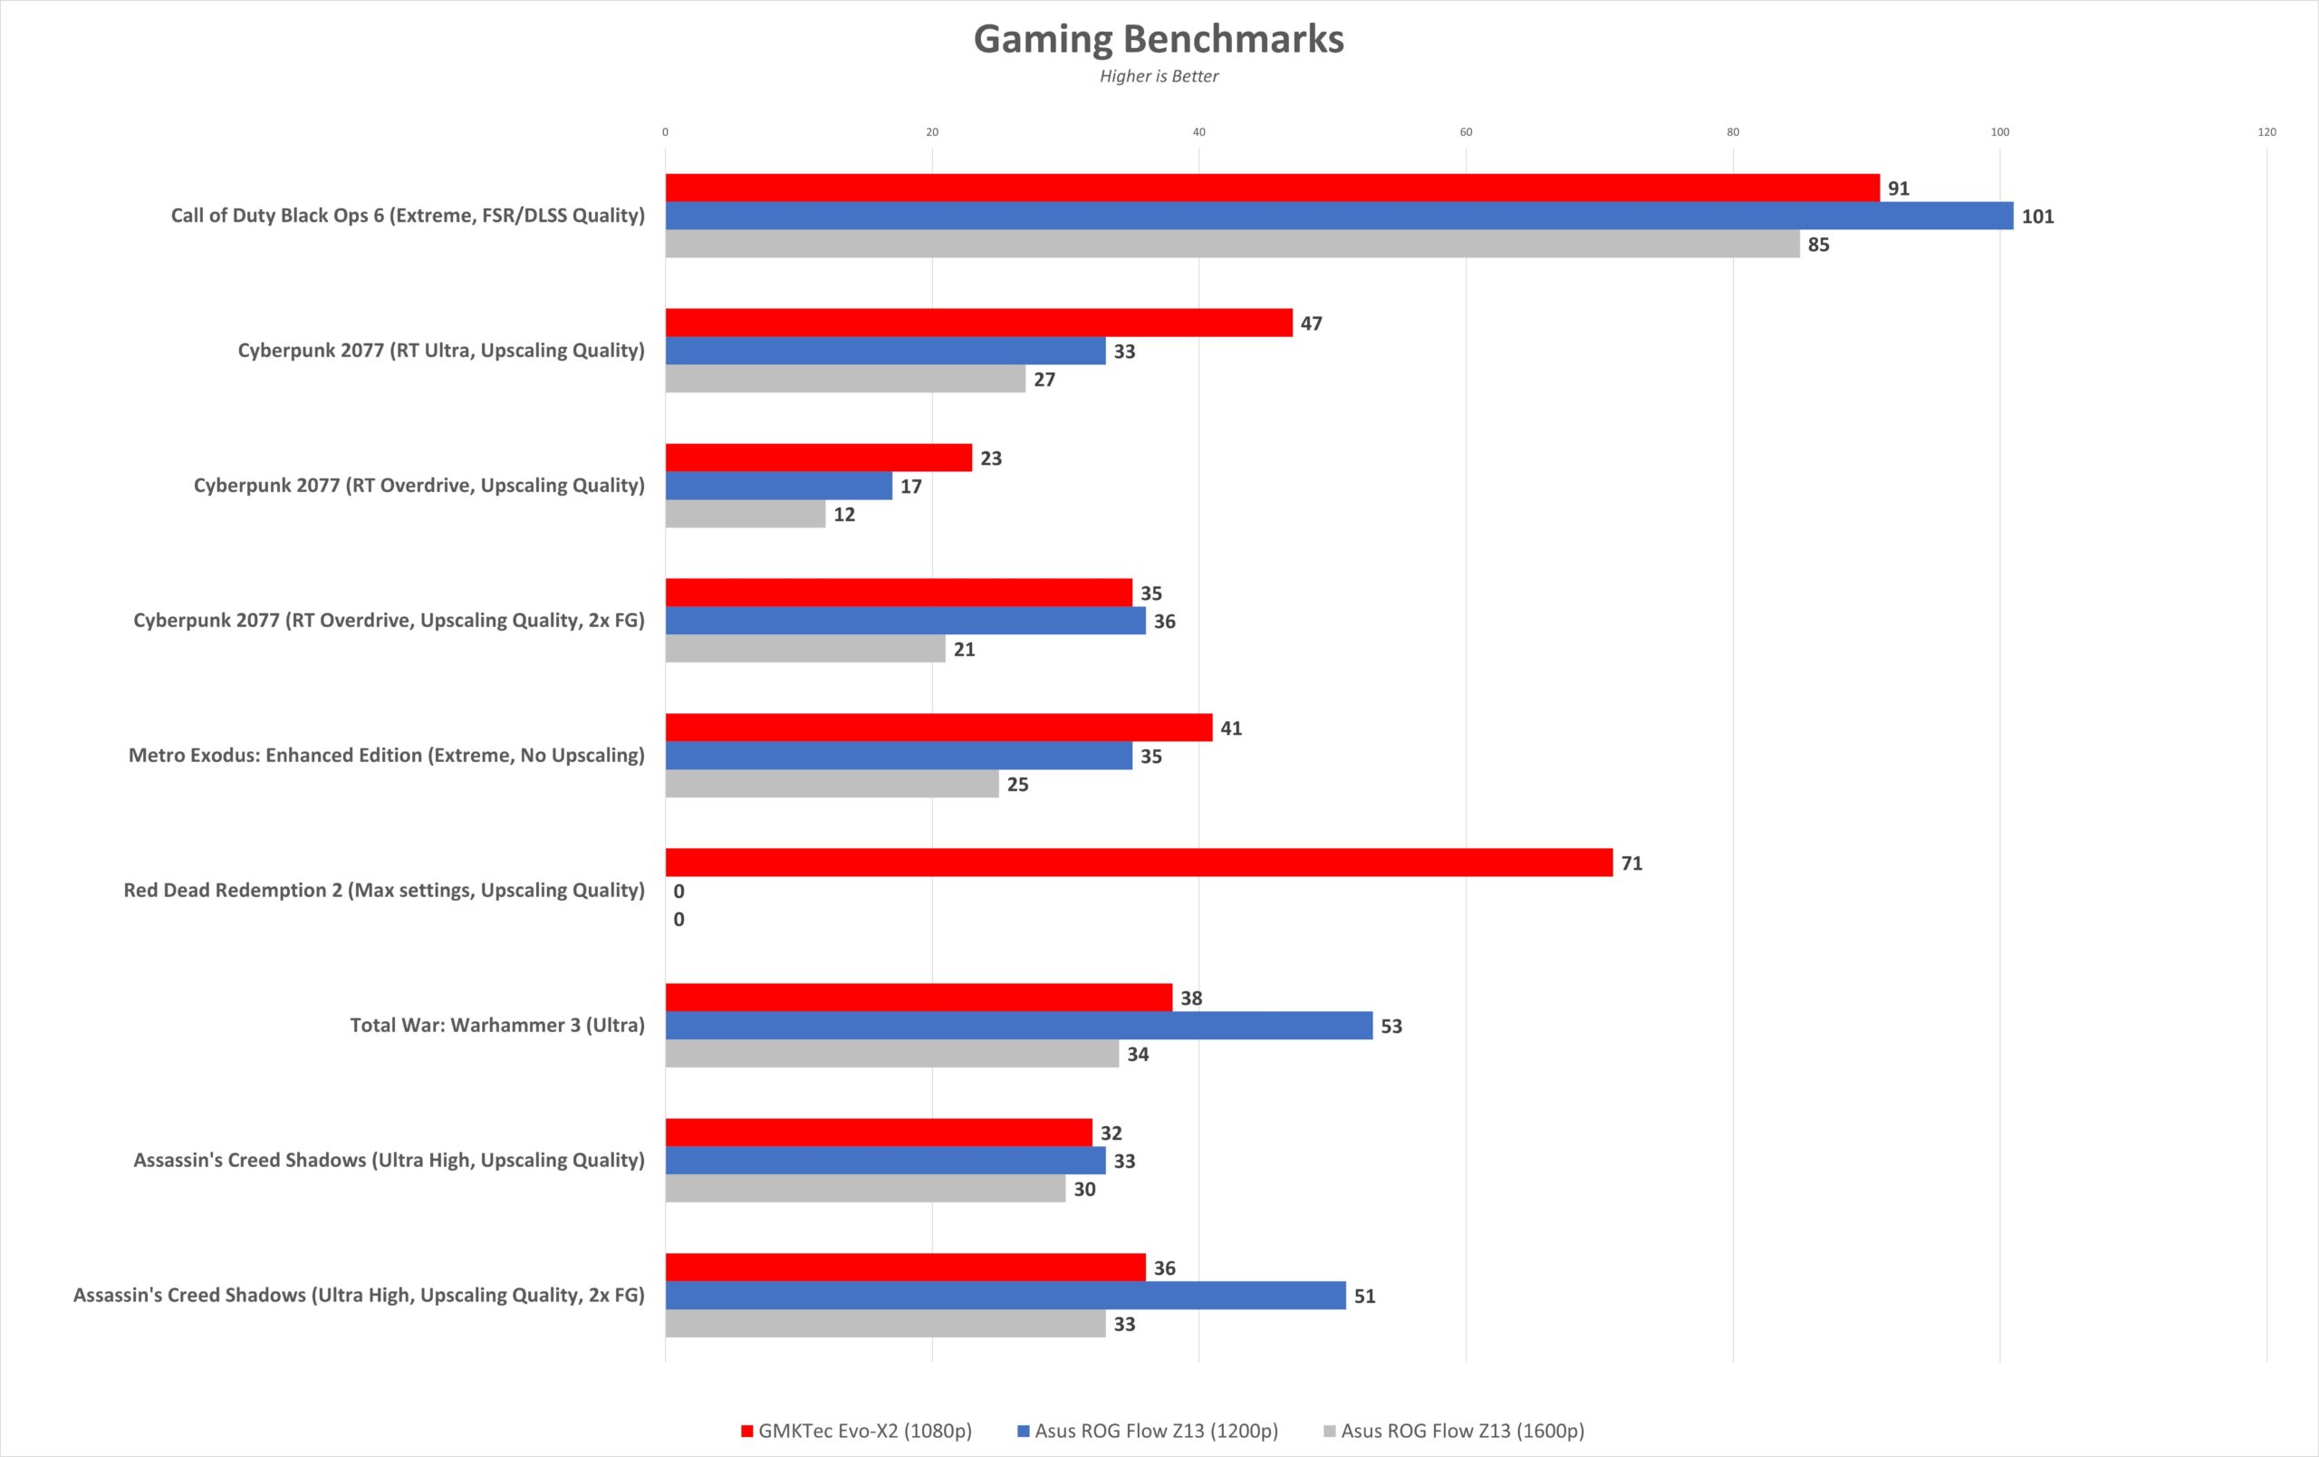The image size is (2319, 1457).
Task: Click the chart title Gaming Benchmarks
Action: tap(1159, 40)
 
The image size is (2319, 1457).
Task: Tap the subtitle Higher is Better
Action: tap(1159, 76)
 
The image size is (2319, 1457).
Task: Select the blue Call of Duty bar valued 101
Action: tap(1339, 216)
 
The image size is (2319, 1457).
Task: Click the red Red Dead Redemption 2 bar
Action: tap(1139, 863)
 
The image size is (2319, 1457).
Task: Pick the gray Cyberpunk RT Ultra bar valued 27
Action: tap(844, 380)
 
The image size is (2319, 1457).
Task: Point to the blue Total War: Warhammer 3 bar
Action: tap(1019, 1026)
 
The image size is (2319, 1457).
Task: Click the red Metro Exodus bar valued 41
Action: tap(938, 728)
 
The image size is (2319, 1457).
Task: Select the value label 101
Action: tap(2037, 217)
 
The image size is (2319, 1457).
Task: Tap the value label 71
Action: tap(1631, 864)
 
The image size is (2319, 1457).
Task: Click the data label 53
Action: tap(1390, 1027)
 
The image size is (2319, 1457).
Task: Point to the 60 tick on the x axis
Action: tap(1466, 132)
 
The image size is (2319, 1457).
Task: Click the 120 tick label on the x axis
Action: tap(2266, 132)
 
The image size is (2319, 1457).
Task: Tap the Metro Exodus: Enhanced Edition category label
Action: tap(386, 755)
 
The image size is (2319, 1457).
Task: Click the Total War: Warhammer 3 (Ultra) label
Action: tap(497, 1025)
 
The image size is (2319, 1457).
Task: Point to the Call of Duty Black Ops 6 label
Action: tap(408, 216)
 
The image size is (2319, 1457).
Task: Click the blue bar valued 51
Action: tap(1006, 1295)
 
